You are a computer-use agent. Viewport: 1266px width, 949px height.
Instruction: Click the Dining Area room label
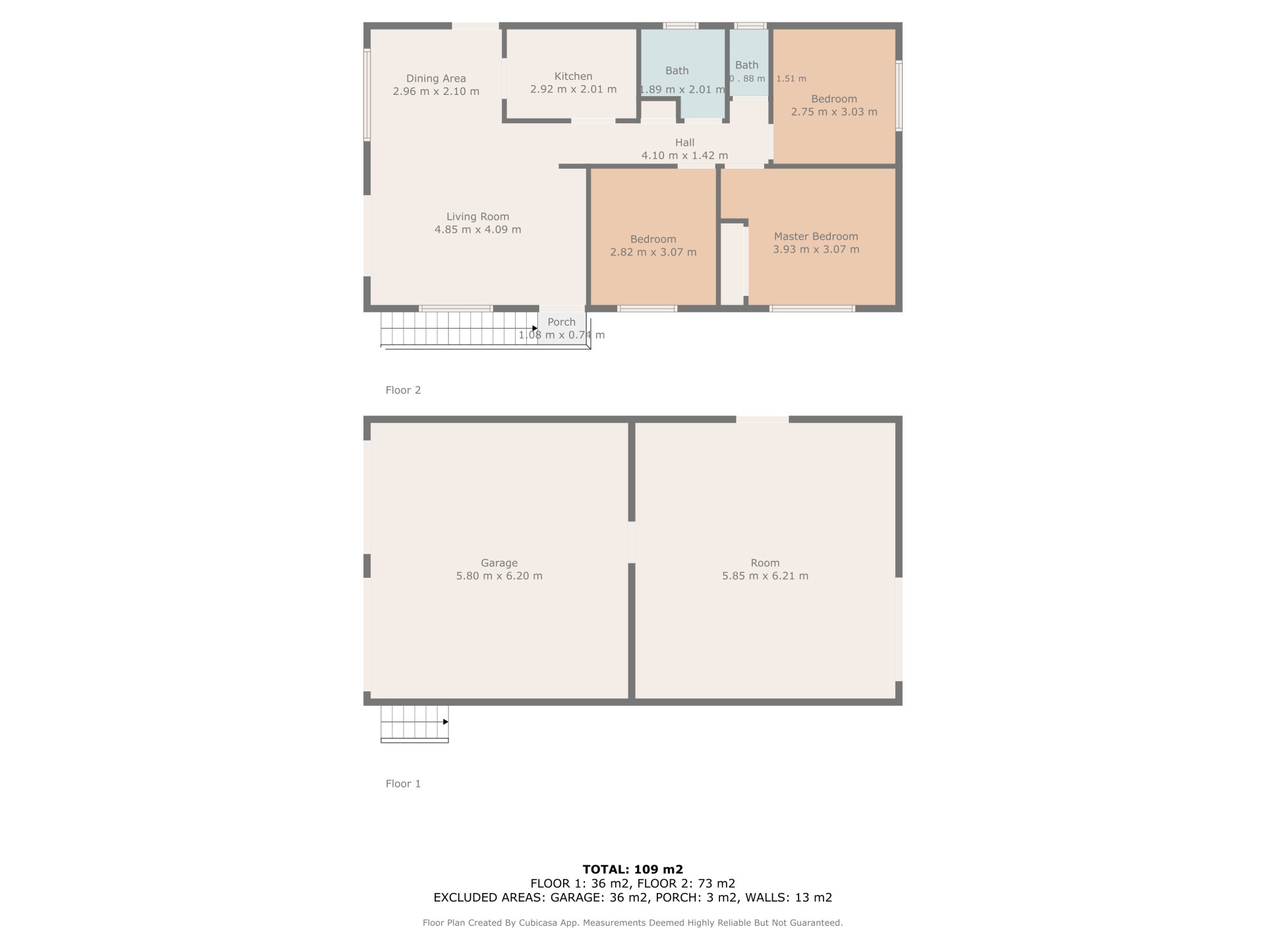(436, 78)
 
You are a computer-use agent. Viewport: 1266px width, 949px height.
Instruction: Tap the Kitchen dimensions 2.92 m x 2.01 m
(574, 89)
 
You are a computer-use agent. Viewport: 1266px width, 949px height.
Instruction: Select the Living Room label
(478, 216)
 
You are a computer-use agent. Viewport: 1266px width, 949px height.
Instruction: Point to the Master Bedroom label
(816, 236)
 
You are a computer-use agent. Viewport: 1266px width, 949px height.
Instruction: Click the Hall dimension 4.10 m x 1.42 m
(685, 156)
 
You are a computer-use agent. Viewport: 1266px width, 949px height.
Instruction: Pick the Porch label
(562, 322)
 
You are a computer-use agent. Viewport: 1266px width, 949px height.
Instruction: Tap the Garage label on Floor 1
(499, 563)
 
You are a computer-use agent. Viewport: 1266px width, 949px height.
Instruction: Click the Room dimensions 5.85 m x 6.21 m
(765, 575)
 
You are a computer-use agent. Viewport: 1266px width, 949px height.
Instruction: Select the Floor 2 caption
(403, 390)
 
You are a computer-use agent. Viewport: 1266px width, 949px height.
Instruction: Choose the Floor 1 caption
(403, 784)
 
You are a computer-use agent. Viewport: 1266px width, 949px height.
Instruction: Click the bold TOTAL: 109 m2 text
(633, 869)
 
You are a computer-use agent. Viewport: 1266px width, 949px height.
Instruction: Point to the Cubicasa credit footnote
(633, 923)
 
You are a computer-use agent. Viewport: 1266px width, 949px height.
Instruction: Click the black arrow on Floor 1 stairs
(446, 722)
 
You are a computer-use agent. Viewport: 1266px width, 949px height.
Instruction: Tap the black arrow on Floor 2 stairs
(535, 328)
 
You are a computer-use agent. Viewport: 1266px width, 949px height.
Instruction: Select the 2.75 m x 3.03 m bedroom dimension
(834, 111)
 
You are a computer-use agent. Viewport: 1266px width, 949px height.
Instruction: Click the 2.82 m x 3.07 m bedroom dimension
(653, 252)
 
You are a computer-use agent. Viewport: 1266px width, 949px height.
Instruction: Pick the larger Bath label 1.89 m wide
(677, 71)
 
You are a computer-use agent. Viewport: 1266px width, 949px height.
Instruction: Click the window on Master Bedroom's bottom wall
(812, 308)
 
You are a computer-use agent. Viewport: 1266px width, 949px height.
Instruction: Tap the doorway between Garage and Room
(632, 542)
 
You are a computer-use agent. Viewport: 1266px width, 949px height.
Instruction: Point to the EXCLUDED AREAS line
(633, 897)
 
